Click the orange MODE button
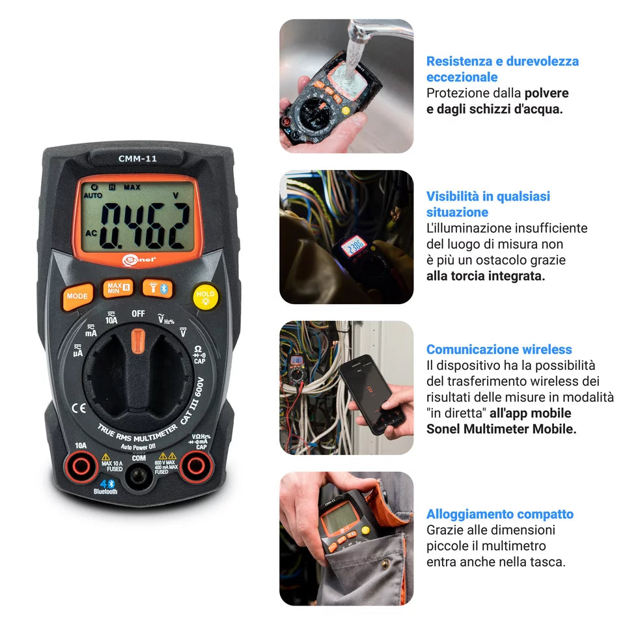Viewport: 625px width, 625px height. click(76, 296)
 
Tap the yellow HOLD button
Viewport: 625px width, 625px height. click(205, 295)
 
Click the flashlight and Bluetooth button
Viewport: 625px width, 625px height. click(158, 288)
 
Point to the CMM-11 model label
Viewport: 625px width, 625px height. click(137, 158)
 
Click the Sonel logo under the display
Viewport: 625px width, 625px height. click(139, 258)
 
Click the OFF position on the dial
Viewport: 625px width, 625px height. click(138, 313)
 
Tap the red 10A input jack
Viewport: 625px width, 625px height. click(81, 466)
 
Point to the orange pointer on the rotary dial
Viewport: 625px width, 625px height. click(137, 341)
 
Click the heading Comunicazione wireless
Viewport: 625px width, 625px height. click(499, 350)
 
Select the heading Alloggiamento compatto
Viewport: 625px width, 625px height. click(499, 514)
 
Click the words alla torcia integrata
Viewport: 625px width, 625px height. click(486, 275)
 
